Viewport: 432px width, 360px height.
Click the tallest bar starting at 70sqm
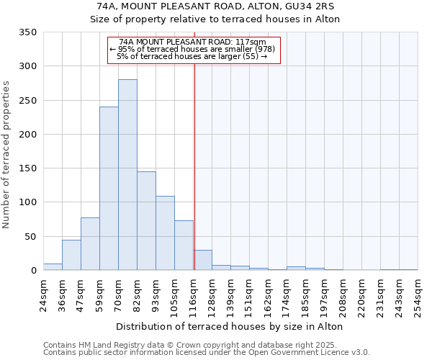coord(127,175)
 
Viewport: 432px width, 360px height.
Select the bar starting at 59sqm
coord(109,189)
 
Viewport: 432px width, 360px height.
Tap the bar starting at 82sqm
coord(146,221)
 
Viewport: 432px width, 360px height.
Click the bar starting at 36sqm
coord(71,255)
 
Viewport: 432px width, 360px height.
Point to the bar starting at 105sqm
coord(184,246)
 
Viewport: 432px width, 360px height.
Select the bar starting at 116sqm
coord(202,261)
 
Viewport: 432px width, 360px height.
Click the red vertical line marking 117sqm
coord(194,166)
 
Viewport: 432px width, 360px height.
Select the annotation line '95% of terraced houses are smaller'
coord(192,49)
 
